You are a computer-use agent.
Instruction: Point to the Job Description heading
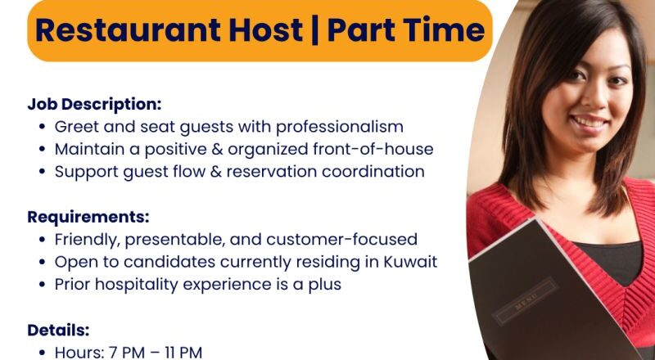94,105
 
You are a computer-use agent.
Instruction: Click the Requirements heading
88,217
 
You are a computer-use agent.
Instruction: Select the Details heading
58,330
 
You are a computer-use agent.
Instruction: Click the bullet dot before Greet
42,128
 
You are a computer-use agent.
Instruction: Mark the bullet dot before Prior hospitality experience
42,285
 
